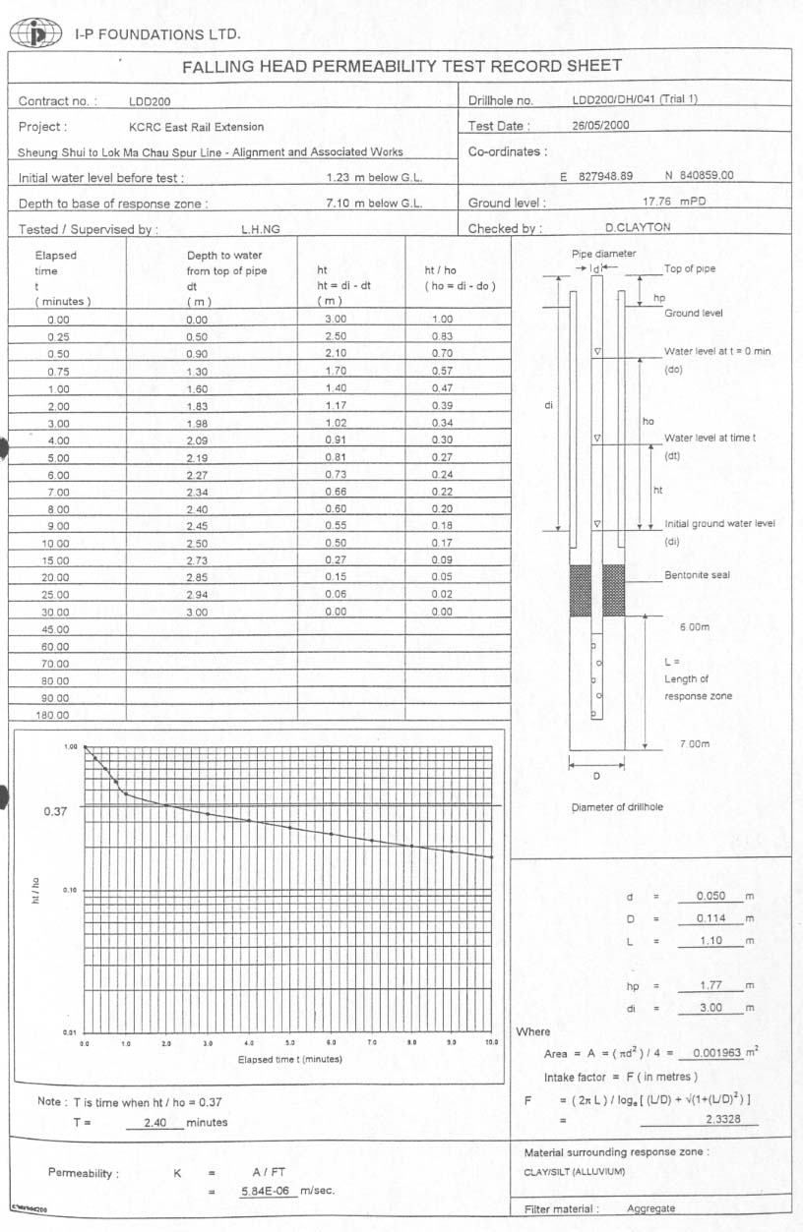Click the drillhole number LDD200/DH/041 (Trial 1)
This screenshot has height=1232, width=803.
tap(635, 100)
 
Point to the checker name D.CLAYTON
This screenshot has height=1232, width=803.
tap(639, 228)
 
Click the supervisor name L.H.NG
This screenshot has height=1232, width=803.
tap(261, 229)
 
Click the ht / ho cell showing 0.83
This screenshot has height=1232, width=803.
tap(443, 337)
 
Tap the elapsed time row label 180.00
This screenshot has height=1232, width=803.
tap(52, 716)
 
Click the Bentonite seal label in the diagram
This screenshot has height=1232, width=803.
tap(697, 575)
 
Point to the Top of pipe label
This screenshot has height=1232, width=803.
tap(689, 268)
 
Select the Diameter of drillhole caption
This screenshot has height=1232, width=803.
tap(618, 807)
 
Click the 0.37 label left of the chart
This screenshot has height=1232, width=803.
tap(56, 812)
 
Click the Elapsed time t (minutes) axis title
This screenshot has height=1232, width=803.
tap(289, 1059)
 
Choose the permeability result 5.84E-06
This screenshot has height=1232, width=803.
tap(269, 1191)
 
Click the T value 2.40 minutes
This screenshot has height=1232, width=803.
tap(155, 1122)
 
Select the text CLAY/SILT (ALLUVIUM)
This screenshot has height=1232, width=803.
tap(575, 1171)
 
